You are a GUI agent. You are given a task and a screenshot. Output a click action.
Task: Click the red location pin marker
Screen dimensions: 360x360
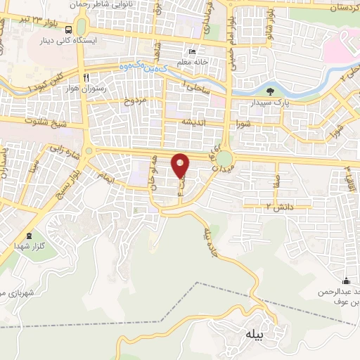coord(181,166)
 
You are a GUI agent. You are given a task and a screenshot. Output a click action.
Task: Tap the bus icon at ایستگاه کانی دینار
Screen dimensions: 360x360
coord(68,30)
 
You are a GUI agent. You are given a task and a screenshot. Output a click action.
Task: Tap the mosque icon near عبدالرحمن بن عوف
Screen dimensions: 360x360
coord(345,280)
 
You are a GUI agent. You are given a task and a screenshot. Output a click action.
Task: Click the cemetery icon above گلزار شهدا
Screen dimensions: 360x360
coord(29,237)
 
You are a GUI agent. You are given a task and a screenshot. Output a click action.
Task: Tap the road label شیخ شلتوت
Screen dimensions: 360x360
coord(39,122)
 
